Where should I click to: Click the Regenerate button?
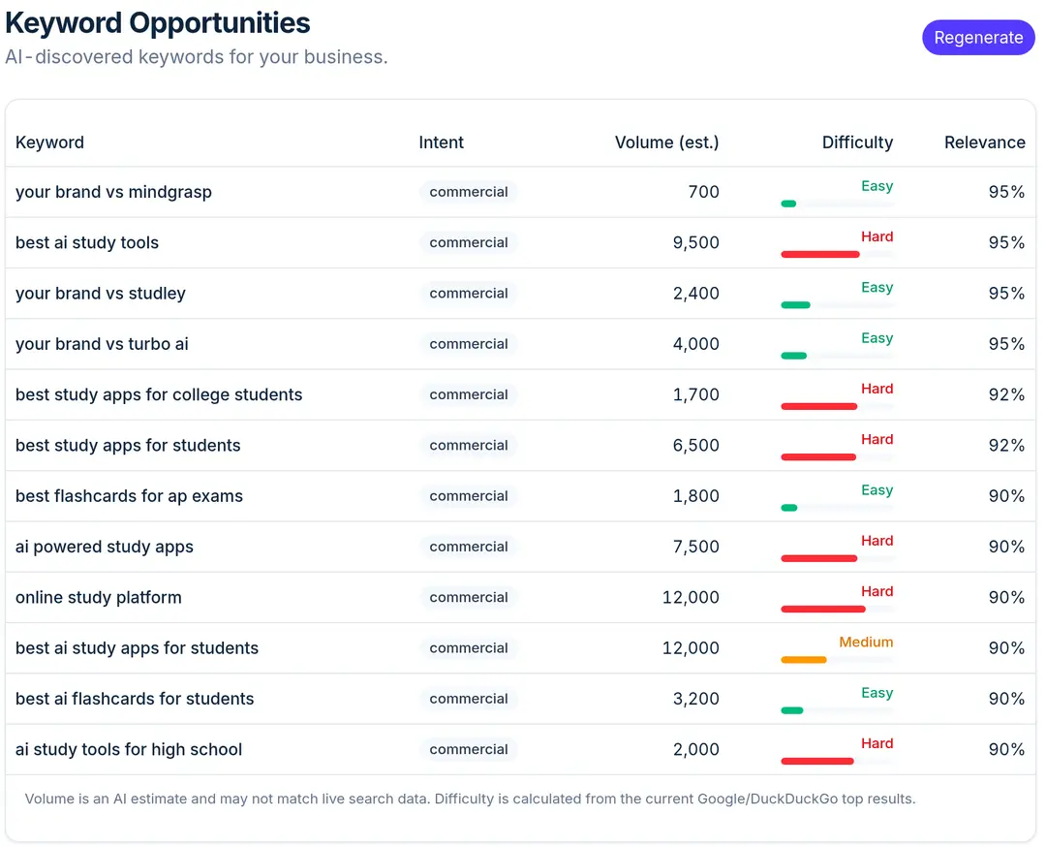978,38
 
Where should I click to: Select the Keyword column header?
50,142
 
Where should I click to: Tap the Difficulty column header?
857,142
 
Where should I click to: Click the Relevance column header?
985,142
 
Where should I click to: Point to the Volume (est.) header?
667,142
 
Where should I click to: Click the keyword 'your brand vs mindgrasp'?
113,192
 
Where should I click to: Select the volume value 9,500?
695,242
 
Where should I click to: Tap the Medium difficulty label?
866,643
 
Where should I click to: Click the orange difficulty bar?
804,660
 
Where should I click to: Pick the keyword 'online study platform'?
99,597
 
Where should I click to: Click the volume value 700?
704,192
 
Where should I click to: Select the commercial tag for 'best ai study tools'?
469,242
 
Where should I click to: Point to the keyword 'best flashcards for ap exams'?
130,496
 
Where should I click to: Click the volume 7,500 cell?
695,547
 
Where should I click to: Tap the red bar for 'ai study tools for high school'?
817,762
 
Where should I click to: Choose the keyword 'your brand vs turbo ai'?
102,344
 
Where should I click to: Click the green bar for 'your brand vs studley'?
796,305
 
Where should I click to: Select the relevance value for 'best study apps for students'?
1006,445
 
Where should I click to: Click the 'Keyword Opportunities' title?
158,22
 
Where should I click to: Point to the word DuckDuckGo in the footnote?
794,799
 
